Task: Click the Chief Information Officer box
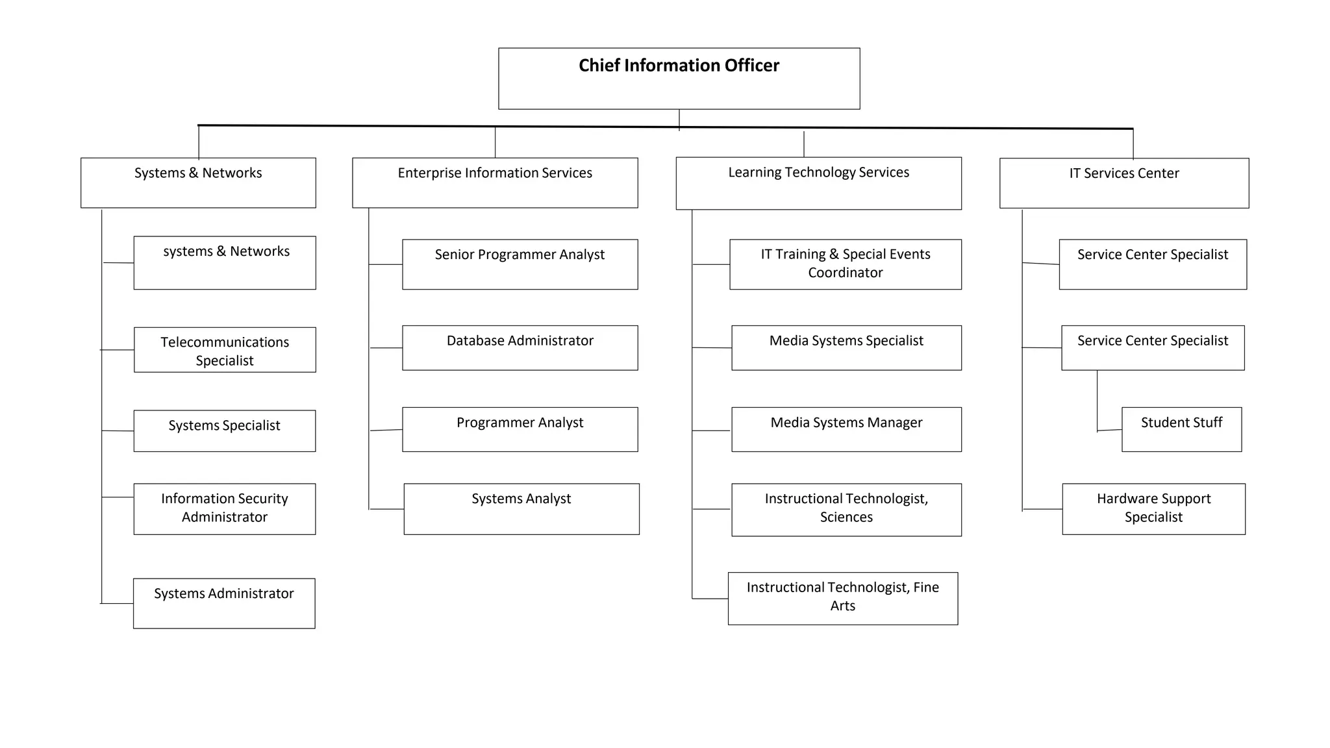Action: click(x=679, y=79)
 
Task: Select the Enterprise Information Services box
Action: click(x=495, y=182)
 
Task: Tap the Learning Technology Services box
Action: click(x=818, y=183)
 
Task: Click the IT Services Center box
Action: click(x=1123, y=183)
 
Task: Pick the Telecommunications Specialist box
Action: click(x=225, y=350)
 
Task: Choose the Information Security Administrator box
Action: click(x=225, y=508)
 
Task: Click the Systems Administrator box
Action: click(x=224, y=603)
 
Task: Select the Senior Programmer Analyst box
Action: click(x=520, y=264)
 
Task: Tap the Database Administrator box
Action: click(x=520, y=348)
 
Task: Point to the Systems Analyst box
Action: click(x=521, y=509)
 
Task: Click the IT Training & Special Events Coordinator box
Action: click(x=845, y=264)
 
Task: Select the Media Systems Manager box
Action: click(x=846, y=429)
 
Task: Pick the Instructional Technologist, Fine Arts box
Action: click(x=842, y=598)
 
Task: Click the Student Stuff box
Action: click(x=1181, y=429)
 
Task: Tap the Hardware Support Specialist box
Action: click(x=1153, y=508)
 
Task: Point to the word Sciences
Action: click(x=846, y=517)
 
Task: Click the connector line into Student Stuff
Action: click(x=1109, y=430)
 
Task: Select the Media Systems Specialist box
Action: click(x=846, y=348)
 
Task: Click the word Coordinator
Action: click(x=845, y=273)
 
